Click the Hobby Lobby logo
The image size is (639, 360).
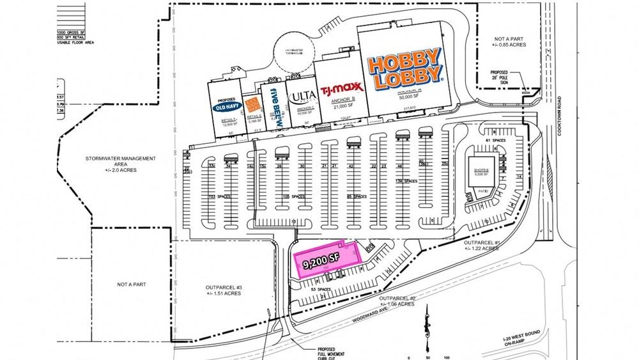(x=405, y=70)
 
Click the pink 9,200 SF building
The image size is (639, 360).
(x=326, y=260)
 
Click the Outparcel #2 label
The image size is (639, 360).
(x=397, y=301)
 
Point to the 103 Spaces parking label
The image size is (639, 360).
(x=220, y=198)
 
